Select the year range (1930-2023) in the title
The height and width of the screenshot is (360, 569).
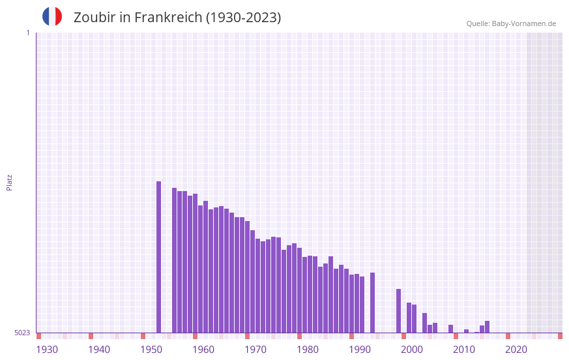click(243, 18)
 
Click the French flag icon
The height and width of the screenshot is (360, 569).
click(52, 16)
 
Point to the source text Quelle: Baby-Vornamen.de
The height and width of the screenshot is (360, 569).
click(511, 24)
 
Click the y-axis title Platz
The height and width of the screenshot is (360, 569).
click(9, 182)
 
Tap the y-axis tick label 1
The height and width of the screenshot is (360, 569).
click(27, 33)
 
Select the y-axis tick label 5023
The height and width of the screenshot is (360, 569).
click(22, 333)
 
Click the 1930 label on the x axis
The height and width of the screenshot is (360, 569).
click(47, 350)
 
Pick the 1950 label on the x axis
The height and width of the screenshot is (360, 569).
click(151, 350)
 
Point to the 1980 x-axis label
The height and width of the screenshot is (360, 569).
click(308, 350)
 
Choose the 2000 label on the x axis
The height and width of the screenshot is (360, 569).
click(412, 350)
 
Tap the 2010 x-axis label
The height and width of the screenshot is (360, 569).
click(464, 350)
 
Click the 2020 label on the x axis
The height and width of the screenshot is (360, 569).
click(516, 350)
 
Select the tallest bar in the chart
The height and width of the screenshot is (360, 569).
click(158, 257)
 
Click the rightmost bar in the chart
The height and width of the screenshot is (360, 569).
click(487, 327)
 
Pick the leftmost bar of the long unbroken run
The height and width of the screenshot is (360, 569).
click(174, 260)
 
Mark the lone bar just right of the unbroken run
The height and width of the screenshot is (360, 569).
click(372, 303)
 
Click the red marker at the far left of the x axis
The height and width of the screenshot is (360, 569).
click(38, 336)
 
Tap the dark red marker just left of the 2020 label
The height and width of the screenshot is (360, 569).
click(508, 336)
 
